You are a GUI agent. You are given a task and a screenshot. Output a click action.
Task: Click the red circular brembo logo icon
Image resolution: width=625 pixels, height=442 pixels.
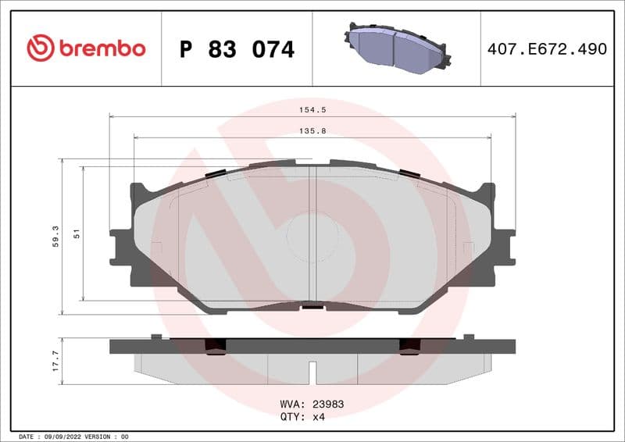[41, 48]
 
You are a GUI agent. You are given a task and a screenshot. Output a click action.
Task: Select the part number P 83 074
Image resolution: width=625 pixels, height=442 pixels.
[237, 49]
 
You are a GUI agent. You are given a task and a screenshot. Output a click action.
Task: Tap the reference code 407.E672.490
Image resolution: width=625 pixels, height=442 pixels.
[547, 48]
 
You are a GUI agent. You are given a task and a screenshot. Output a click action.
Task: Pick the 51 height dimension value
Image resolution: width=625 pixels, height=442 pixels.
[76, 233]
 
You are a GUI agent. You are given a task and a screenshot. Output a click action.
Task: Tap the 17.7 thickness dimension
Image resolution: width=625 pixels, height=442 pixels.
[55, 360]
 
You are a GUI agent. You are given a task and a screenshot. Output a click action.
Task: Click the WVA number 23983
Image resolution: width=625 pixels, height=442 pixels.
[328, 405]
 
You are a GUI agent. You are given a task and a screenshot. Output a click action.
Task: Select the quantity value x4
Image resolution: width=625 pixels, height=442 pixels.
[318, 417]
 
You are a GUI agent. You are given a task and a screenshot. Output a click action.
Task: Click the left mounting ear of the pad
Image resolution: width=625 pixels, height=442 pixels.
[122, 246]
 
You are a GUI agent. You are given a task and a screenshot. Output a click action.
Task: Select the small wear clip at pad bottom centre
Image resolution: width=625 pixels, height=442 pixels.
[312, 305]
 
